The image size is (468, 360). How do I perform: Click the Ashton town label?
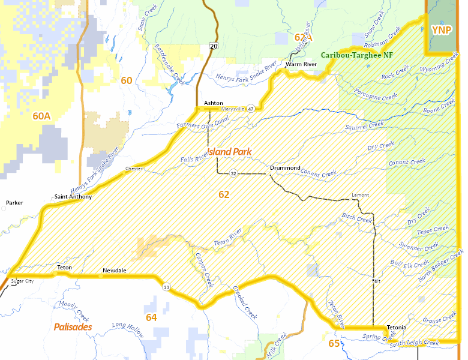coord(213,103)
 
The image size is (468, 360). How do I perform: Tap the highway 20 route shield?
coord(214,46)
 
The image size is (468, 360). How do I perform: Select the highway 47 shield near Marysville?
coord(250,109)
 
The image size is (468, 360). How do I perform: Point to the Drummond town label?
coord(285,167)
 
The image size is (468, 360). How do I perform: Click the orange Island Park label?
coord(229,152)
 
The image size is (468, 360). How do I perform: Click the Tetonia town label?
coord(397,327)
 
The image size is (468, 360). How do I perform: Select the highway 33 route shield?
coord(166,288)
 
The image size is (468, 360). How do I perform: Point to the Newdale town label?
coord(114,271)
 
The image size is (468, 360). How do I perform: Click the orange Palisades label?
coord(73,327)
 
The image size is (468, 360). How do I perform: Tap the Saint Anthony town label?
coord(73,197)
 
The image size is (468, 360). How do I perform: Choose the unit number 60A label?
coord(41,116)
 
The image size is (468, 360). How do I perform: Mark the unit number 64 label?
coord(151,317)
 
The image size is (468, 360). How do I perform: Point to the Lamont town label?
coord(361,195)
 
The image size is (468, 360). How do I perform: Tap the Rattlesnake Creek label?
coord(168,62)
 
